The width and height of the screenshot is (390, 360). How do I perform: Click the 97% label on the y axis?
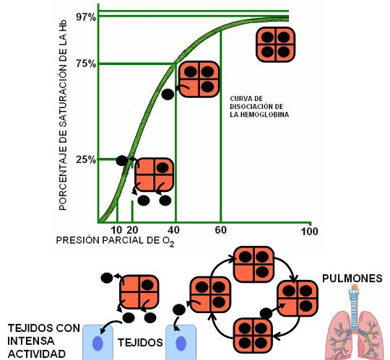(86, 17)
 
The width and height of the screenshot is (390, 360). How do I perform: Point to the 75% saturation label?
(86, 64)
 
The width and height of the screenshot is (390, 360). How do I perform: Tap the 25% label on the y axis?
(86, 159)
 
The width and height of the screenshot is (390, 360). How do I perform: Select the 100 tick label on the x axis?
(309, 232)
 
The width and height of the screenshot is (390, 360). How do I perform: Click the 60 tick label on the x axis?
(220, 230)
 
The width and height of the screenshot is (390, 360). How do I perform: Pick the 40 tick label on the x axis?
(173, 230)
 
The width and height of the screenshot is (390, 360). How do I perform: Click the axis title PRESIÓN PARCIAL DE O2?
(115, 241)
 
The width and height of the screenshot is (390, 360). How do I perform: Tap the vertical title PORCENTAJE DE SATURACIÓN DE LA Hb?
(63, 115)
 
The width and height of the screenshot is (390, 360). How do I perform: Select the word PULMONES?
(352, 278)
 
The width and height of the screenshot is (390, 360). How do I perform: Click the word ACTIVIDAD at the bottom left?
(37, 354)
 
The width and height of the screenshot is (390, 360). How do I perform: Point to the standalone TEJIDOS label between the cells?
(140, 343)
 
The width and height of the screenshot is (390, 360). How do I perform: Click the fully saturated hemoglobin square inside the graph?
(276, 45)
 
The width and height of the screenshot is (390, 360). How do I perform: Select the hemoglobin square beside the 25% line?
(155, 175)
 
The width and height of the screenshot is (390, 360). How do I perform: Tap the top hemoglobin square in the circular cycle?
(253, 264)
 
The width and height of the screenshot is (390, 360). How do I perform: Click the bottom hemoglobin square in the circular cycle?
(253, 335)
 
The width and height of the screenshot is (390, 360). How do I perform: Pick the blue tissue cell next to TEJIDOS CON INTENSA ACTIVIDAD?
(97, 343)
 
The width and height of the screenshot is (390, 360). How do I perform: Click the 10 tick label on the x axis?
(116, 230)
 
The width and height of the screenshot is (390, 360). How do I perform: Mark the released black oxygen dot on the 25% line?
(122, 161)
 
